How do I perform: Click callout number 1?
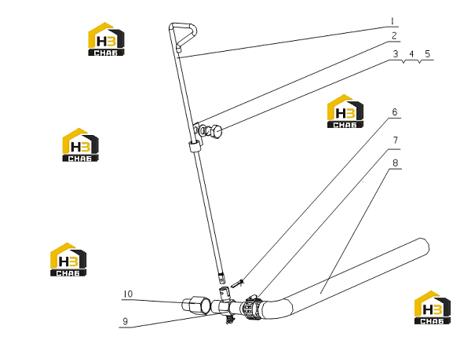pyautogui.click(x=392, y=21)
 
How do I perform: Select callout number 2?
pyautogui.click(x=394, y=36)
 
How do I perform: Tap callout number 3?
pyautogui.click(x=396, y=54)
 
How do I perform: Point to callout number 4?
pyautogui.click(x=411, y=54)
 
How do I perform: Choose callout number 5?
pyautogui.click(x=428, y=54)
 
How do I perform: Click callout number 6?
pyautogui.click(x=395, y=112)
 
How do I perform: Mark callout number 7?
pyautogui.click(x=396, y=141)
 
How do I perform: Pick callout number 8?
pyautogui.click(x=396, y=163)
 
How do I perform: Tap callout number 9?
pyautogui.click(x=126, y=321)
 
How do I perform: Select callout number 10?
pyautogui.click(x=128, y=294)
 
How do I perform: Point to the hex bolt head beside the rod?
pyautogui.click(x=216, y=132)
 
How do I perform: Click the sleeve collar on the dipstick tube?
pyautogui.click(x=194, y=146)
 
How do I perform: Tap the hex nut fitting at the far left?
pyautogui.click(x=196, y=305)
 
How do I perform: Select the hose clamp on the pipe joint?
pyautogui.click(x=252, y=308)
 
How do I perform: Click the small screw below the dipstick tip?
pyautogui.click(x=237, y=283)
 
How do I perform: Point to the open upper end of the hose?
pyautogui.click(x=425, y=247)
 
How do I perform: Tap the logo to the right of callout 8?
pyautogui.click(x=433, y=307)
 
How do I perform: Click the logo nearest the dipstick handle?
pyautogui.click(x=106, y=38)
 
